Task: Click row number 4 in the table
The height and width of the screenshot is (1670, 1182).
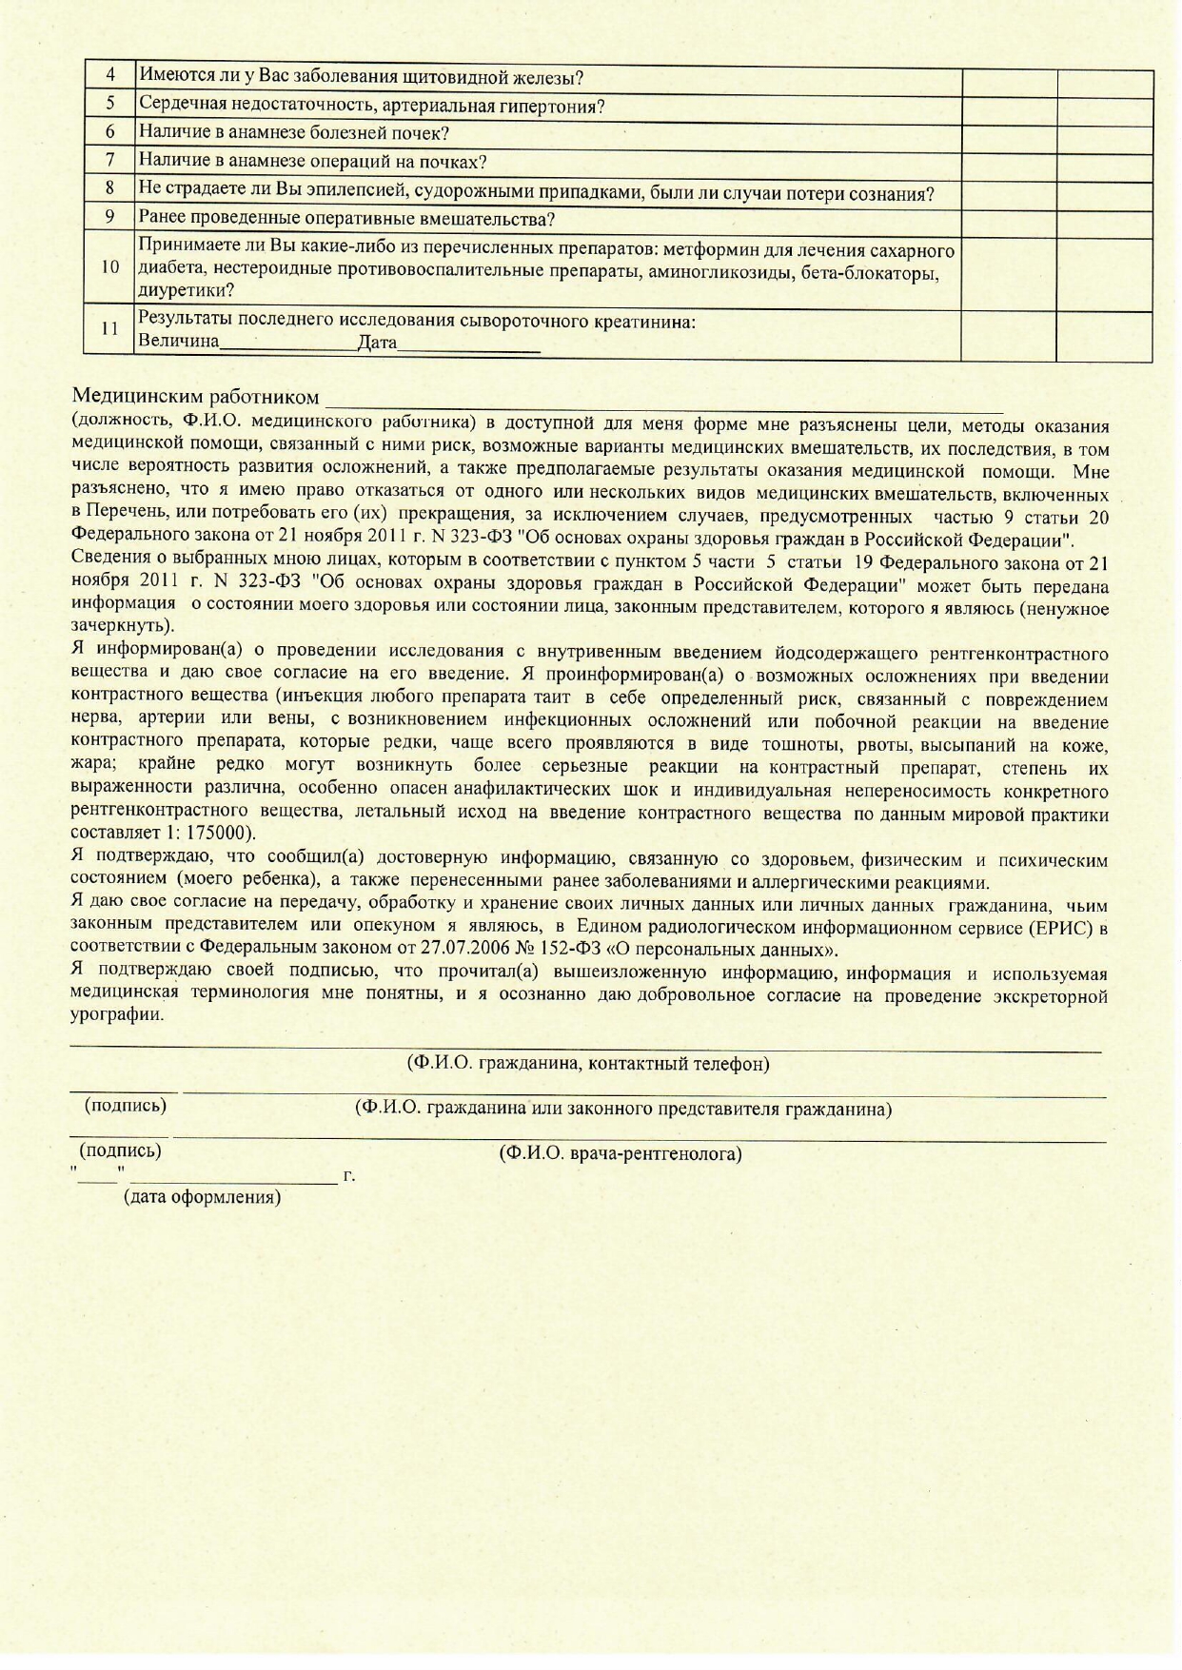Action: tap(110, 75)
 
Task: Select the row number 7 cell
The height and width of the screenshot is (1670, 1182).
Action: tap(110, 160)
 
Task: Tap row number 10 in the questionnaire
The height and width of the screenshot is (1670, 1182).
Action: tap(110, 267)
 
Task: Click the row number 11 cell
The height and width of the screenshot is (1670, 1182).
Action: tap(110, 328)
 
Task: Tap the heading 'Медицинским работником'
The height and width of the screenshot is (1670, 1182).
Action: tap(196, 396)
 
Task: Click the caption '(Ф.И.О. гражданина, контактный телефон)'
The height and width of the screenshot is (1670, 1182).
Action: tap(588, 1064)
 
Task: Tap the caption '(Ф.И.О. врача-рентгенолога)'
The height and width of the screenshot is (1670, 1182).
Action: tap(621, 1154)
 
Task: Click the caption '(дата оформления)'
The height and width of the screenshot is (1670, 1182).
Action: tap(203, 1197)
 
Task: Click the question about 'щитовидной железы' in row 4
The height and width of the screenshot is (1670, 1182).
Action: tap(361, 77)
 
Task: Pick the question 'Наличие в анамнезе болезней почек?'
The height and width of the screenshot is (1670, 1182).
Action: tap(294, 132)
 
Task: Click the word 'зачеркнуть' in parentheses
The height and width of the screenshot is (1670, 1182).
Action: tap(120, 627)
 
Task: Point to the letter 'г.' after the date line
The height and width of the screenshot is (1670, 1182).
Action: tap(349, 1176)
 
